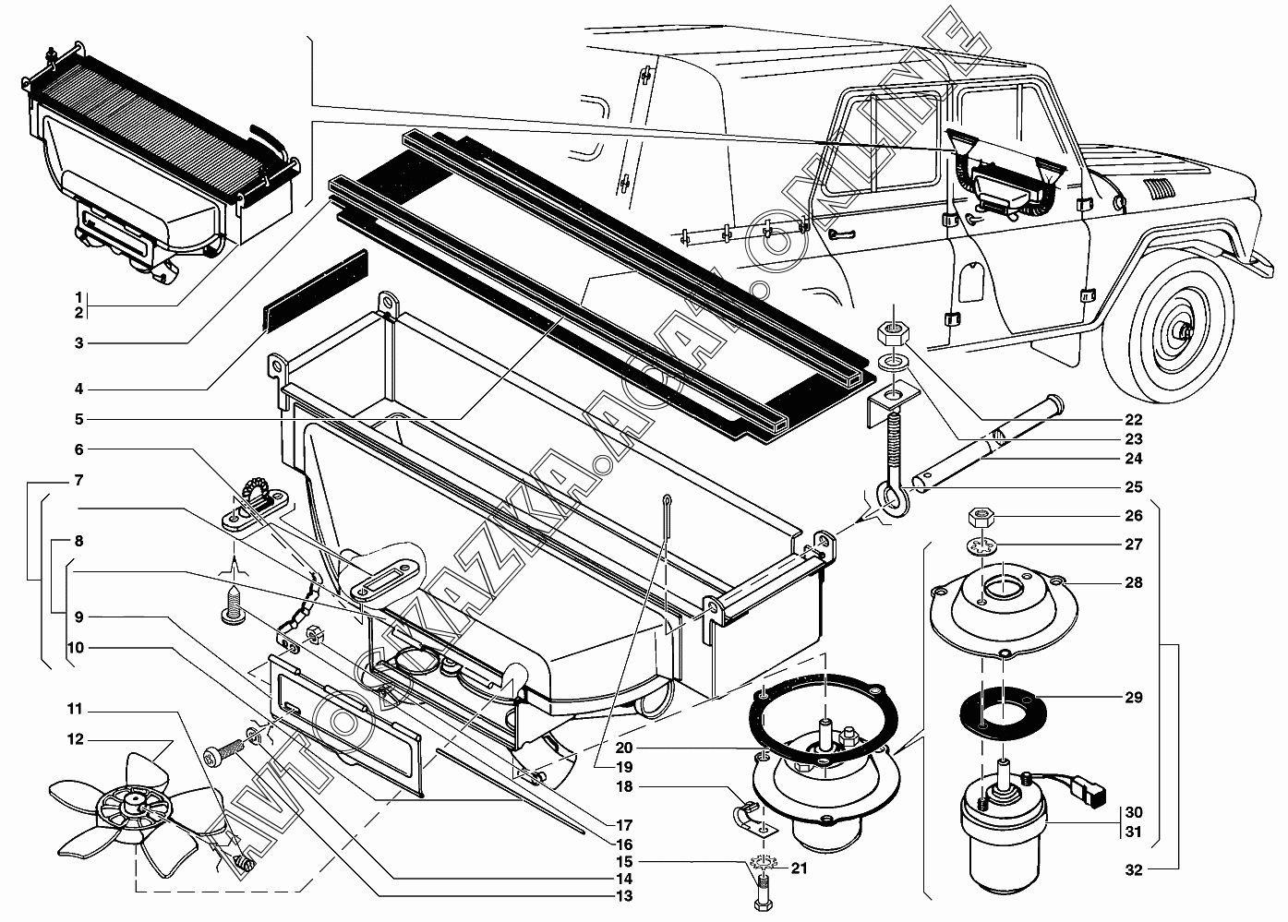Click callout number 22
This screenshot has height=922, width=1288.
1133,419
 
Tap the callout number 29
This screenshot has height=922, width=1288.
1133,697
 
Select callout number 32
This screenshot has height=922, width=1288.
1133,869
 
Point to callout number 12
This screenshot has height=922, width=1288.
75,739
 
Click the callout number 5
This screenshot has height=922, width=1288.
79,419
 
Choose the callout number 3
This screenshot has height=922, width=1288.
79,343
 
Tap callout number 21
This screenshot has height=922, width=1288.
800,868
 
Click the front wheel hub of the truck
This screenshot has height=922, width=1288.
1183,331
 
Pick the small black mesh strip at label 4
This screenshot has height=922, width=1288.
316,289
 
